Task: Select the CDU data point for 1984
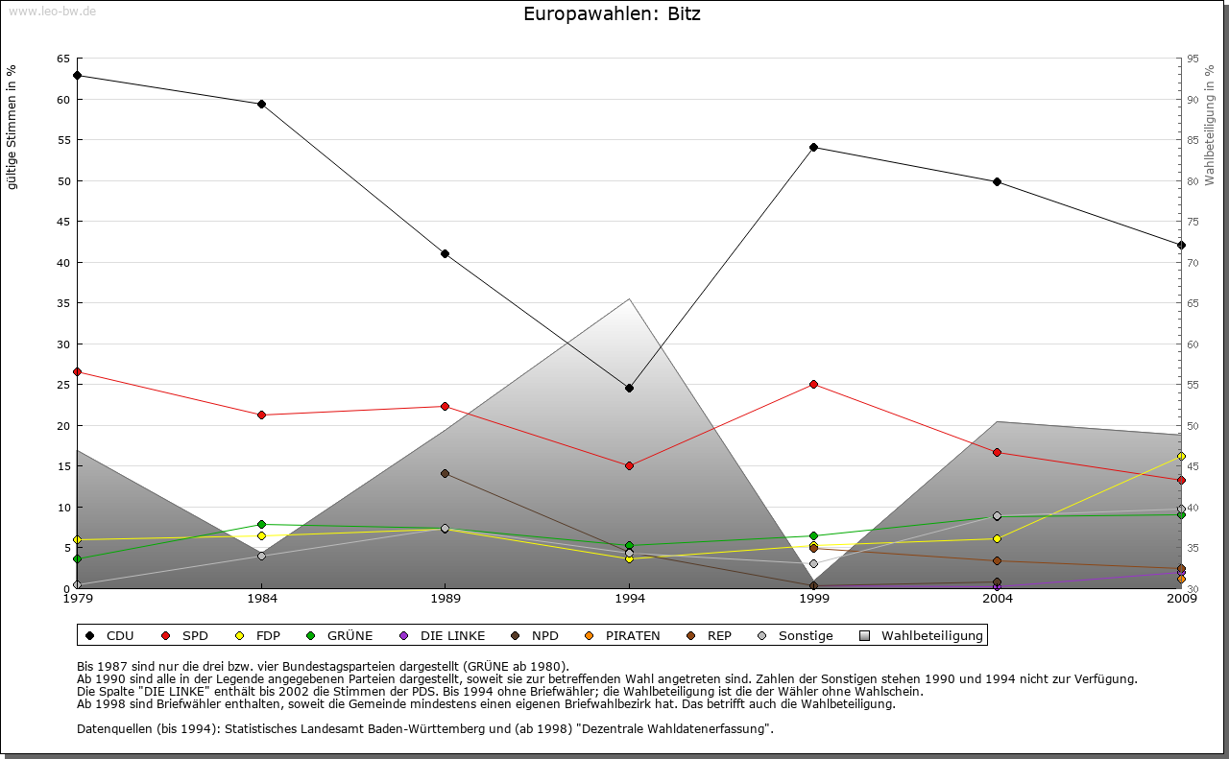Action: coord(261,104)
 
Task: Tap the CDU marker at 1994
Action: coord(629,388)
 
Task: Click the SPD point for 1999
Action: coord(813,384)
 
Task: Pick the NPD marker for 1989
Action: coord(445,473)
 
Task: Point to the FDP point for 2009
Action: coord(1181,456)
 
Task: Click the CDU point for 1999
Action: coord(813,147)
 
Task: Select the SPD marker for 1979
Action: coord(77,371)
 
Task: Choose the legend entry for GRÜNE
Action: coord(341,635)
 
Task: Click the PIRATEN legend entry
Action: coord(623,635)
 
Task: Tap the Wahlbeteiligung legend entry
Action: coord(922,635)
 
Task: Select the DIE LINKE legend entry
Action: coord(443,635)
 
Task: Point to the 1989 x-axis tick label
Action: coord(445,599)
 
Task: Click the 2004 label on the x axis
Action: coord(998,599)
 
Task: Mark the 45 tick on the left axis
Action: coord(62,222)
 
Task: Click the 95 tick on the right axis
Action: coord(1193,59)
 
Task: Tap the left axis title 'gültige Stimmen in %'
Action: coord(12,127)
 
